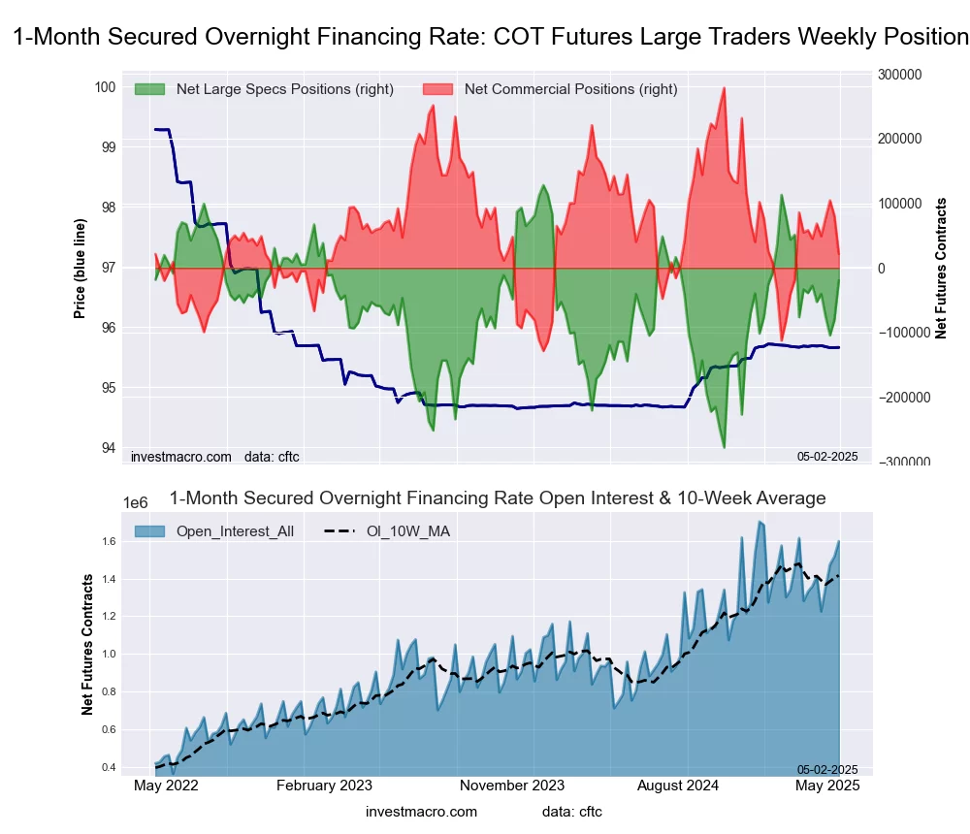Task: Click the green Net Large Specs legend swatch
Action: tap(151, 89)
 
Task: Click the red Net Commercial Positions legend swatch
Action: tap(439, 89)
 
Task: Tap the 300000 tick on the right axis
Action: tap(898, 75)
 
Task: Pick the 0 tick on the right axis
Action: tap(882, 269)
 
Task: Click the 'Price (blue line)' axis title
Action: tap(80, 267)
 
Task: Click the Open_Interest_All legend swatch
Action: tap(151, 531)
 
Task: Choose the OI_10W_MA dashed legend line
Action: tap(341, 531)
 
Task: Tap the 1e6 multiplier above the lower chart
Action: tap(136, 502)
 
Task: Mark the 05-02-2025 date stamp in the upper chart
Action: tap(827, 456)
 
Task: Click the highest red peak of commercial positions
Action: tap(724, 88)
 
